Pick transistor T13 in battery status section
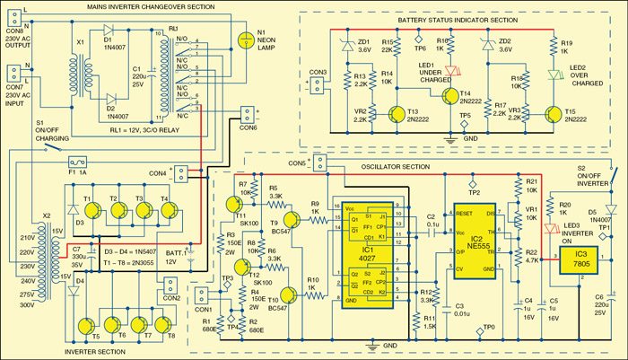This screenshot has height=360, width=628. click(396, 115)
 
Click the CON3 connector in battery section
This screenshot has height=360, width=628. click(314, 85)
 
